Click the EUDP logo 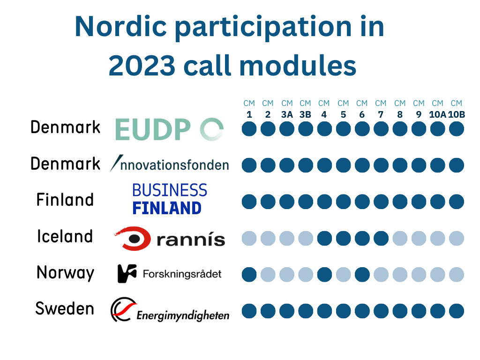169,129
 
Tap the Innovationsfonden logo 169,164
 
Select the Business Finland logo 170,199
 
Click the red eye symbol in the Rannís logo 133,238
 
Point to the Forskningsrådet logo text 182,274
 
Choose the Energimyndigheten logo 170,309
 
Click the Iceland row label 65,236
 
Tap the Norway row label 65,273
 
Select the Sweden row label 65,308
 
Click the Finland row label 65,200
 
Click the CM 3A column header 287,109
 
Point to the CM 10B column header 457,109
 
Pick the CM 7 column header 381,109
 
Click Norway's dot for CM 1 249,275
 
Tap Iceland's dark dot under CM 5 344,239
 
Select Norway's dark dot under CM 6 362,275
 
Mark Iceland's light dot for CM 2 268,239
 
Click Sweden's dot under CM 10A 437,311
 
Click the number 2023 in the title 142,66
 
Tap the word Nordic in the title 120,27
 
